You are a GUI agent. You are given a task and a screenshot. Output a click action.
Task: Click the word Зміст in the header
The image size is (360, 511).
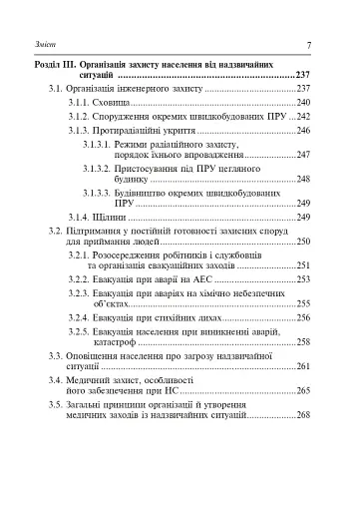32,45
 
